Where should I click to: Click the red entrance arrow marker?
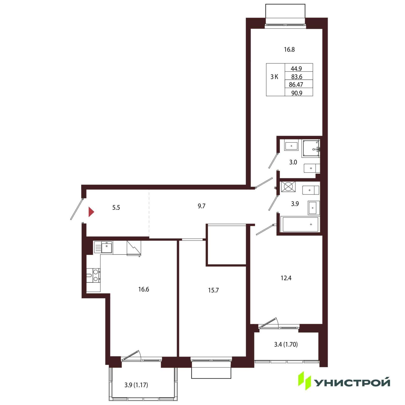(x=91, y=212)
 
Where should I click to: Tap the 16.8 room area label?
(x=289, y=50)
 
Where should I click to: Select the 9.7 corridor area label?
(x=201, y=206)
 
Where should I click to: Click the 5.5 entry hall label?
(x=116, y=208)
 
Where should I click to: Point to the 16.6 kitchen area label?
(x=144, y=290)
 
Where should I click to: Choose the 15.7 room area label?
(x=213, y=291)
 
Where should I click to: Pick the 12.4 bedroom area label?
(x=286, y=278)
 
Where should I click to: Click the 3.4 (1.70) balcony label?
(x=286, y=345)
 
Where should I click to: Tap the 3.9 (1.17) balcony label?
(x=136, y=385)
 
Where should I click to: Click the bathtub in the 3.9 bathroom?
(x=300, y=224)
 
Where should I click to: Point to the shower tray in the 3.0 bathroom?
(x=311, y=148)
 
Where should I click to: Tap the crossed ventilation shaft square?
(x=288, y=187)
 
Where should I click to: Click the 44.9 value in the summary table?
(x=296, y=69)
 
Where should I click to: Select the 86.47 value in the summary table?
(x=296, y=85)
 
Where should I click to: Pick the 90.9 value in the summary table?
(x=297, y=93)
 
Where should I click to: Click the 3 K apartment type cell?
(x=274, y=77)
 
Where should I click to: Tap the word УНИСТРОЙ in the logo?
(x=353, y=383)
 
